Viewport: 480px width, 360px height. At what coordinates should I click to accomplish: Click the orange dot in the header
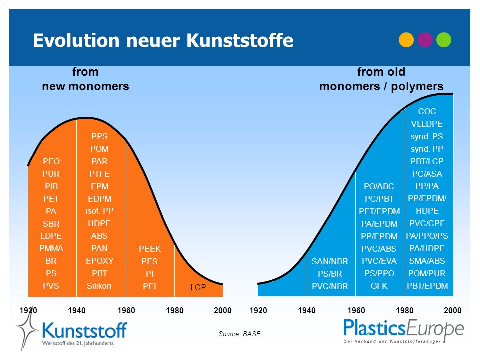point(406,40)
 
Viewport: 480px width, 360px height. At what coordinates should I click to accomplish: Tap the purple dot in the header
point(425,40)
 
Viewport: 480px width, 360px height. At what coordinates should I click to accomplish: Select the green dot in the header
point(444,40)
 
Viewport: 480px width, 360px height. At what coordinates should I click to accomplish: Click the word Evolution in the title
point(76,40)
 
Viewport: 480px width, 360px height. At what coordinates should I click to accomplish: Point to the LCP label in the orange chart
point(198,287)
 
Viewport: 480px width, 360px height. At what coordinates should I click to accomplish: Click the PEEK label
point(150,249)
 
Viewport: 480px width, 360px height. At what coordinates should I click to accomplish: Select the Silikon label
point(99,286)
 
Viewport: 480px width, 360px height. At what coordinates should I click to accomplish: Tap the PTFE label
point(99,174)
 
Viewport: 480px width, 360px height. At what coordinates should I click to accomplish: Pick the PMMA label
point(51,248)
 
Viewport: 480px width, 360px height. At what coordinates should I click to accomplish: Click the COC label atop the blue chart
point(427,111)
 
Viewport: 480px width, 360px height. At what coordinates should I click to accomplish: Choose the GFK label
point(379,286)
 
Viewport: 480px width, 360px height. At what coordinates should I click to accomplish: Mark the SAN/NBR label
point(330,261)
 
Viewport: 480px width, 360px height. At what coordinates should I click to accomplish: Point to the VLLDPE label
point(427,124)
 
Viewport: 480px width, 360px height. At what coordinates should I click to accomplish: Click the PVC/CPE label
point(427,224)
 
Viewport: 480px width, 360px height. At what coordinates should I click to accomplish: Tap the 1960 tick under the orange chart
point(126,310)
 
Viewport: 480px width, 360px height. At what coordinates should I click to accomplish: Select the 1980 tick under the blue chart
point(404,310)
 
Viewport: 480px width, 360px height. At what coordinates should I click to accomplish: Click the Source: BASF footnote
point(239,334)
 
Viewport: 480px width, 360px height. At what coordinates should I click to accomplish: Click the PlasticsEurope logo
point(404,331)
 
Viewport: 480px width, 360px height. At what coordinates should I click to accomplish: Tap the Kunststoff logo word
point(84,330)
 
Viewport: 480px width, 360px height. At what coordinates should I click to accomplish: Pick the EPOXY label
point(100,261)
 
